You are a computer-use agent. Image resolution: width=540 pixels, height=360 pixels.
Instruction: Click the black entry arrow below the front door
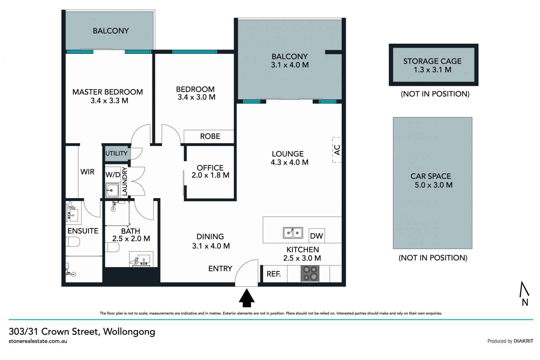coord(247,298)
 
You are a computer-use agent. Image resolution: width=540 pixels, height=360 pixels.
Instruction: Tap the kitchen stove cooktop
coord(310,274)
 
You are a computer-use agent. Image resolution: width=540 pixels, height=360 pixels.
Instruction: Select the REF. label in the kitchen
coord(274,274)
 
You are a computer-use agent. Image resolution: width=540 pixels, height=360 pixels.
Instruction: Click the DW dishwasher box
coord(317,236)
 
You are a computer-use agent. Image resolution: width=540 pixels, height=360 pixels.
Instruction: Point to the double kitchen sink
coord(293,233)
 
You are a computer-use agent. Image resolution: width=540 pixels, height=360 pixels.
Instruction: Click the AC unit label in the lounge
coord(337,150)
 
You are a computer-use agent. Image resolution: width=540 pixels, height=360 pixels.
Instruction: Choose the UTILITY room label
coord(116,153)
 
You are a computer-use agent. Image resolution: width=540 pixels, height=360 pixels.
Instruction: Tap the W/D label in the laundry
coord(113,175)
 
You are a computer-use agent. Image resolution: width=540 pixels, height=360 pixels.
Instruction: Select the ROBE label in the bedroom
coord(210,136)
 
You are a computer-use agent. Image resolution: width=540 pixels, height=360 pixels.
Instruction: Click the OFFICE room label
coord(210,168)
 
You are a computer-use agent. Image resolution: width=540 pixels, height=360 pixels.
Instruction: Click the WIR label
coord(87,172)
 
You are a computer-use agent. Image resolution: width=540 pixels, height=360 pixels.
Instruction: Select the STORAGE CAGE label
coord(433,61)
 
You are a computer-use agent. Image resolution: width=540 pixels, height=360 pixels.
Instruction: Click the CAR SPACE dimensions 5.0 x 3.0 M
coord(434,185)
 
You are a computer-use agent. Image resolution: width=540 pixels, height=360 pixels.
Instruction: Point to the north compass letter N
coord(525,302)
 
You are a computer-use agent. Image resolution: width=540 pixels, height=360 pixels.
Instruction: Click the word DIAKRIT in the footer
coord(523,341)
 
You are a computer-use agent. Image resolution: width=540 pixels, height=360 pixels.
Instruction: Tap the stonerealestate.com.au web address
coord(38,341)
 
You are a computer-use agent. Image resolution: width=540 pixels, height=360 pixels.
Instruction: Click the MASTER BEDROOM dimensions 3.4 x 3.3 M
coord(109,100)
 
